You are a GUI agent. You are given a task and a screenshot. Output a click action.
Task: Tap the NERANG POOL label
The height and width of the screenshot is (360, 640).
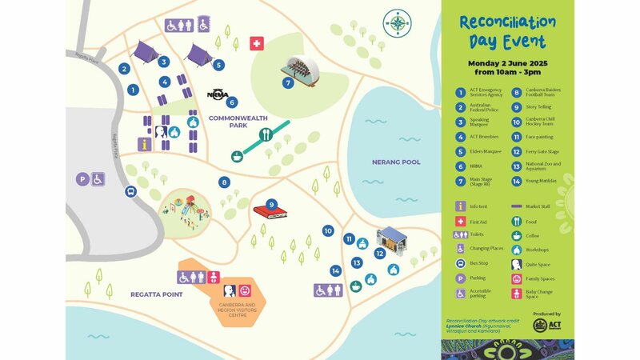click(395, 162)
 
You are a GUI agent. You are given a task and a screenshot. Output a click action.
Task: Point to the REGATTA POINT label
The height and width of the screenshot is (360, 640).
click(157, 294)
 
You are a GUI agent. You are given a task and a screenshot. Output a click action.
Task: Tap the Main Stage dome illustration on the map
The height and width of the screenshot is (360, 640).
click(302, 70)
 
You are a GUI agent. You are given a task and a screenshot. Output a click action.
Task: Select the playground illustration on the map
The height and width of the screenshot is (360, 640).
click(185, 209)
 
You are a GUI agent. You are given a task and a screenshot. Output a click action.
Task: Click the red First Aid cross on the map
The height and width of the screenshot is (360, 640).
click(257, 43)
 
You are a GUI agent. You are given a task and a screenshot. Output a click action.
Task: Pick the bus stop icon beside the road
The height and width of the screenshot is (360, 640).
click(130, 191)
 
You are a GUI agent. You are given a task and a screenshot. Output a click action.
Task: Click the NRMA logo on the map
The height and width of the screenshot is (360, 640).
click(217, 94)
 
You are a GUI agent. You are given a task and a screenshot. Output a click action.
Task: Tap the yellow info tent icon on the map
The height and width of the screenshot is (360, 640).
click(144, 144)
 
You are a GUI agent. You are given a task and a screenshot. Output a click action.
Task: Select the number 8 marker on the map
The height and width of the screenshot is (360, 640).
click(225, 182)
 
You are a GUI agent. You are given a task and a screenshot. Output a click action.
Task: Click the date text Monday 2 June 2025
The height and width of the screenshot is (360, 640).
click(507, 62)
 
